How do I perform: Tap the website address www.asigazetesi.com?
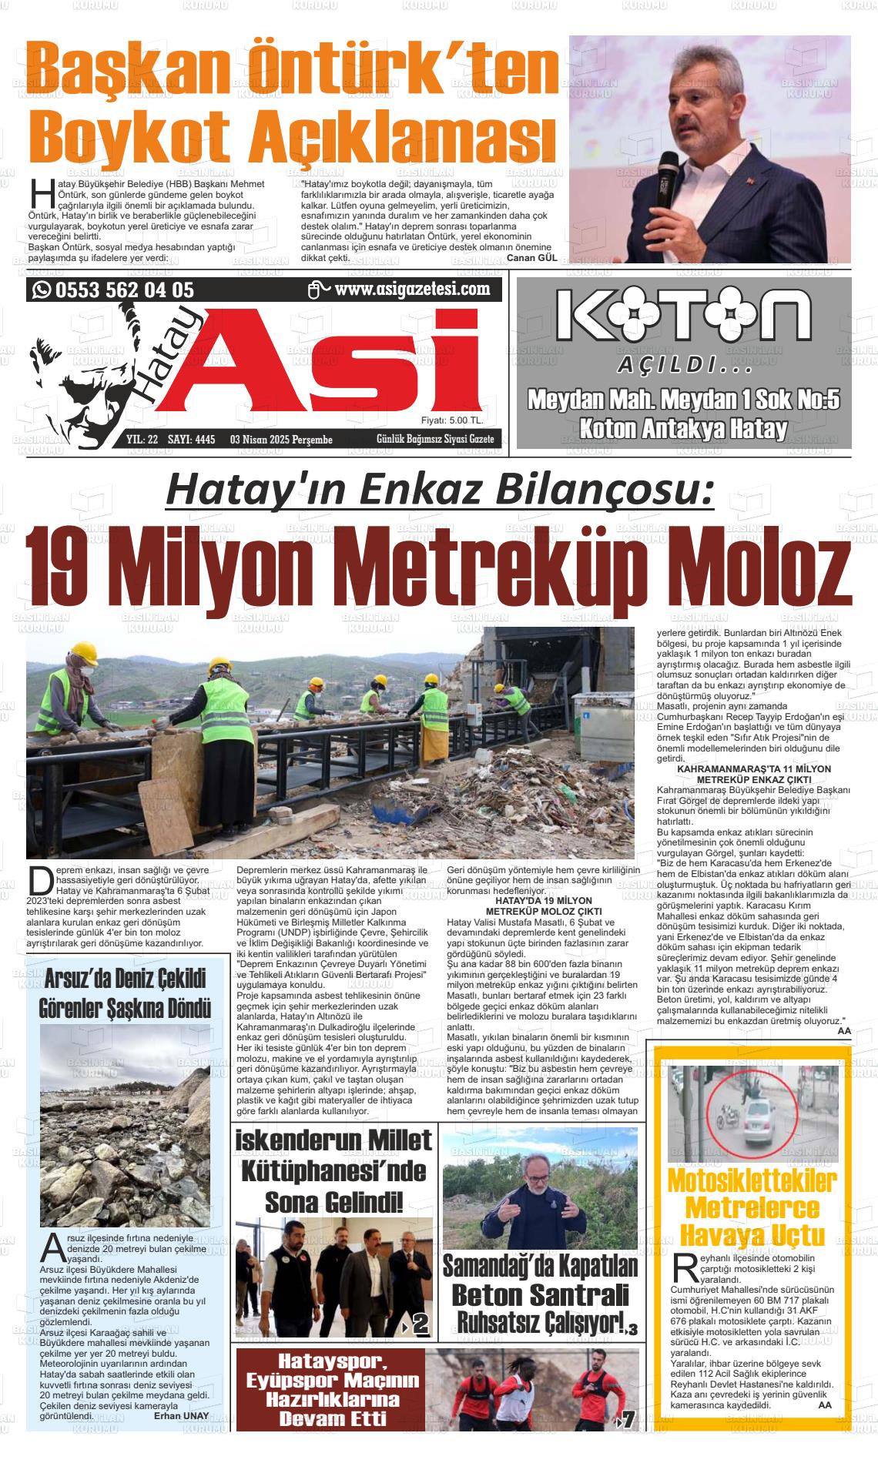pyautogui.click(x=412, y=290)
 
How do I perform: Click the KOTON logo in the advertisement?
pyautogui.click(x=683, y=316)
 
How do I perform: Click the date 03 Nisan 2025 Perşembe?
pyautogui.click(x=281, y=440)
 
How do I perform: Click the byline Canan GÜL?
pyautogui.click(x=531, y=259)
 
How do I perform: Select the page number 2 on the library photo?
pyautogui.click(x=421, y=1325)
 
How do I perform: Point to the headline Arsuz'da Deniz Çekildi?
pyautogui.click(x=125, y=980)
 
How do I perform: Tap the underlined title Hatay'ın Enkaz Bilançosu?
pyautogui.click(x=440, y=491)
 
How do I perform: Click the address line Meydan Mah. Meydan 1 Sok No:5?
pyautogui.click(x=683, y=400)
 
